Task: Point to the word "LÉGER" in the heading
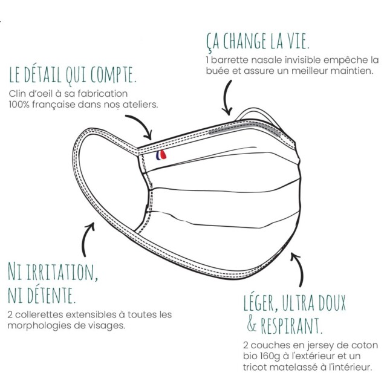259,301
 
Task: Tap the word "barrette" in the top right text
229,60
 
